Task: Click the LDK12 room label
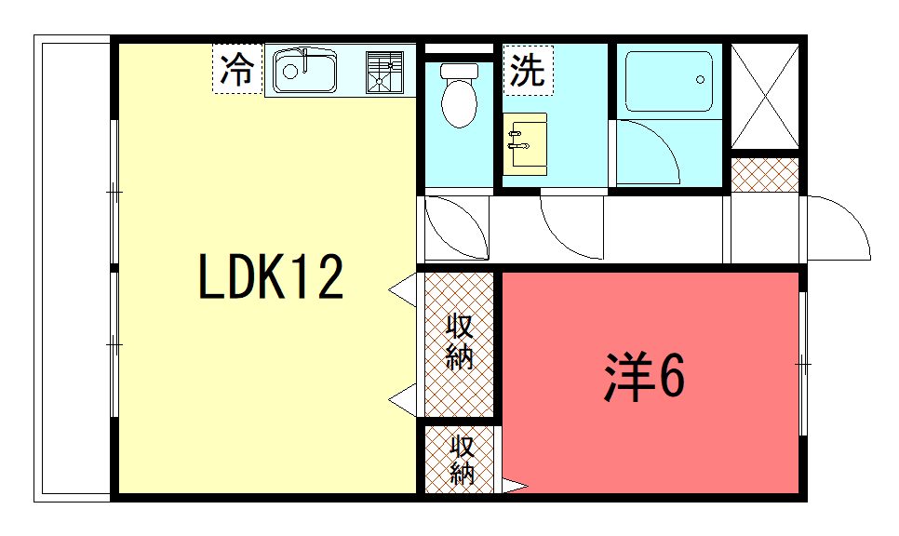click(x=271, y=277)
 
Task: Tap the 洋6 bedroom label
click(x=644, y=377)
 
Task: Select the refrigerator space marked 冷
click(x=237, y=68)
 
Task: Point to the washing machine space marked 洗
click(x=528, y=70)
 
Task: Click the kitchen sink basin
click(x=304, y=71)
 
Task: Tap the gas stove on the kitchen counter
click(x=384, y=72)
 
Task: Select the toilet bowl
click(x=459, y=95)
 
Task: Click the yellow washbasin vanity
click(x=525, y=144)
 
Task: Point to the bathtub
click(x=668, y=81)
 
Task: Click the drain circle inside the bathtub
click(x=700, y=80)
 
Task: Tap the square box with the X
click(x=765, y=96)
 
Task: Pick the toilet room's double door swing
click(x=457, y=228)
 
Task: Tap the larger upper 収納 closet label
click(x=460, y=342)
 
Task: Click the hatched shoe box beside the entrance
click(x=765, y=175)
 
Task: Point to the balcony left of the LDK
click(x=73, y=268)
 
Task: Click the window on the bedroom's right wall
click(x=803, y=364)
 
